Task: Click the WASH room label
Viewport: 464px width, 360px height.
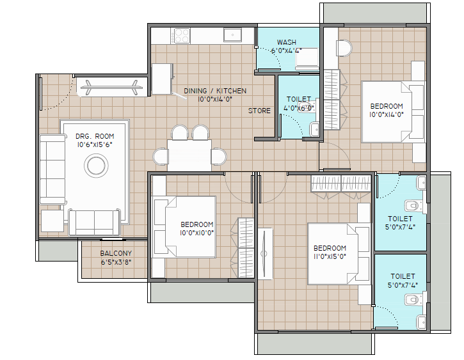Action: coord(287,42)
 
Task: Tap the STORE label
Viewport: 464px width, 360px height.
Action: coord(259,111)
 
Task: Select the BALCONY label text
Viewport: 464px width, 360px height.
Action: coord(116,253)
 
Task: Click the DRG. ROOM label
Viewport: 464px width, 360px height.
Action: coord(95,136)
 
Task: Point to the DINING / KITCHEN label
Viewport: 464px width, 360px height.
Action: coord(215,91)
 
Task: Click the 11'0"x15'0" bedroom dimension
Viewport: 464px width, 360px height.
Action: coord(330,256)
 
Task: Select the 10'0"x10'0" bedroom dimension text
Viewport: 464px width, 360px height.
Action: coord(196,233)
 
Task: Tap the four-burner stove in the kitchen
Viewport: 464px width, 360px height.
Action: coord(182,36)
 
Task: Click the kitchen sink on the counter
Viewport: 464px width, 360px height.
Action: coord(232,35)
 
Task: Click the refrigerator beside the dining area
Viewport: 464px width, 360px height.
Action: coord(162,79)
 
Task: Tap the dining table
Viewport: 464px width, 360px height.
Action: coord(189,155)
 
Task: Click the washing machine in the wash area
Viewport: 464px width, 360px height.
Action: coord(307,58)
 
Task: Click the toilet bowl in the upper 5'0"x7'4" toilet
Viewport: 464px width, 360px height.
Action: coord(413,206)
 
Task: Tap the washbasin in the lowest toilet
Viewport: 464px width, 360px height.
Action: coord(421,322)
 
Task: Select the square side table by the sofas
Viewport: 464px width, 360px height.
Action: coord(52,221)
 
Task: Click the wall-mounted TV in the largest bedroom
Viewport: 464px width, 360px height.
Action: coord(264,254)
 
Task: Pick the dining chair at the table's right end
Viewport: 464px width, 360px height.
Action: coord(219,156)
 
